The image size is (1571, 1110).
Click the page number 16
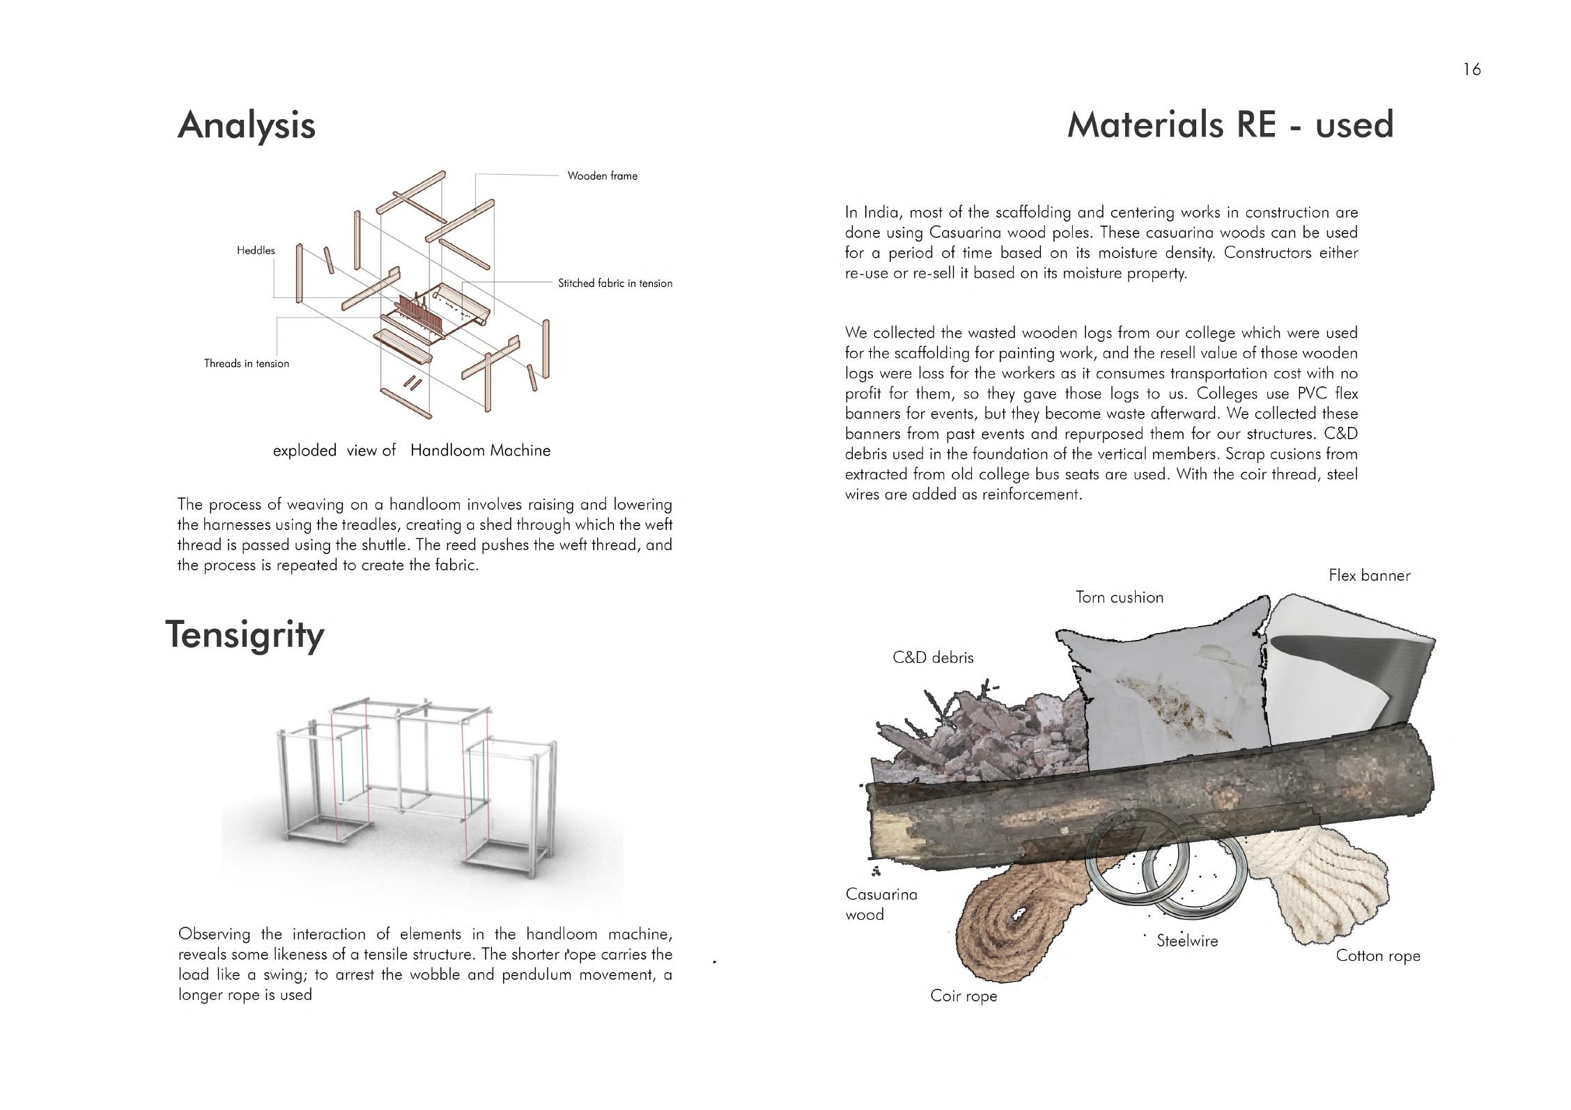[1471, 70]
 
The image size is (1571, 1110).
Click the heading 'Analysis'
[247, 126]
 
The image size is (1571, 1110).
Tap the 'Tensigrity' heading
[245, 635]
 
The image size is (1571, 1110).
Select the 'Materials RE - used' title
[1230, 125]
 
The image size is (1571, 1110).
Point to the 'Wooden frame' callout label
[602, 176]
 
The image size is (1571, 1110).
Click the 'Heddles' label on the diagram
[256, 251]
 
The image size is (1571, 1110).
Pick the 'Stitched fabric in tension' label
[614, 283]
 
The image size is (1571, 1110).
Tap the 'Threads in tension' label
[246, 364]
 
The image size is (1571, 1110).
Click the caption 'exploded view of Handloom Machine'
[411, 451]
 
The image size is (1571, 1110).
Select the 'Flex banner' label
[1369, 576]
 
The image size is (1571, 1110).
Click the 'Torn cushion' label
[1119, 597]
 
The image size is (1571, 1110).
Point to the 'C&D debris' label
[933, 657]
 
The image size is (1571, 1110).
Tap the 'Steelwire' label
[1187, 941]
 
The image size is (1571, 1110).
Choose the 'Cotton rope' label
[1377, 956]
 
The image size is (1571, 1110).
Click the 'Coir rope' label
[964, 996]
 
